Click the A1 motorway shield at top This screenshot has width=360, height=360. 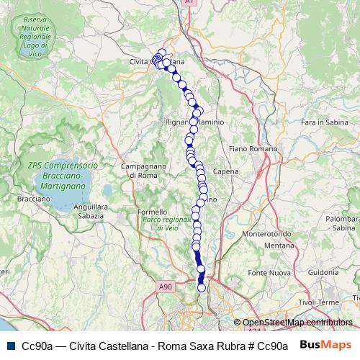[189, 3]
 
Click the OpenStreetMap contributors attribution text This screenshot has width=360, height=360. [298, 323]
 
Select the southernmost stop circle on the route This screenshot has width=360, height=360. [202, 288]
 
